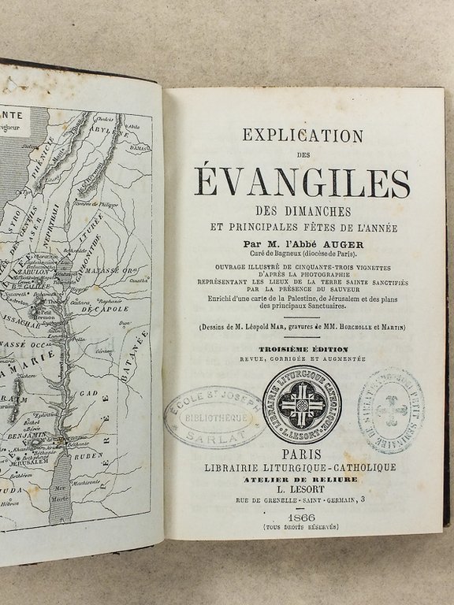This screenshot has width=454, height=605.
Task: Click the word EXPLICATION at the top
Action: pos(303,135)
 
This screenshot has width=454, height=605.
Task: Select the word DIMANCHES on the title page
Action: pos(303,212)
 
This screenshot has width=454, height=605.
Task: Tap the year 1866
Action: pos(303,515)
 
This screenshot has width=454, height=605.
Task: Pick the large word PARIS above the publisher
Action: pos(303,453)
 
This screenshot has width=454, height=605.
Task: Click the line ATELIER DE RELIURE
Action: pos(303,478)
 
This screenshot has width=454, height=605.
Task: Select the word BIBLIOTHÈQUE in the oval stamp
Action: pos(210,418)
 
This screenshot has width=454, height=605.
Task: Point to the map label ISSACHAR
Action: pos(28,323)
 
